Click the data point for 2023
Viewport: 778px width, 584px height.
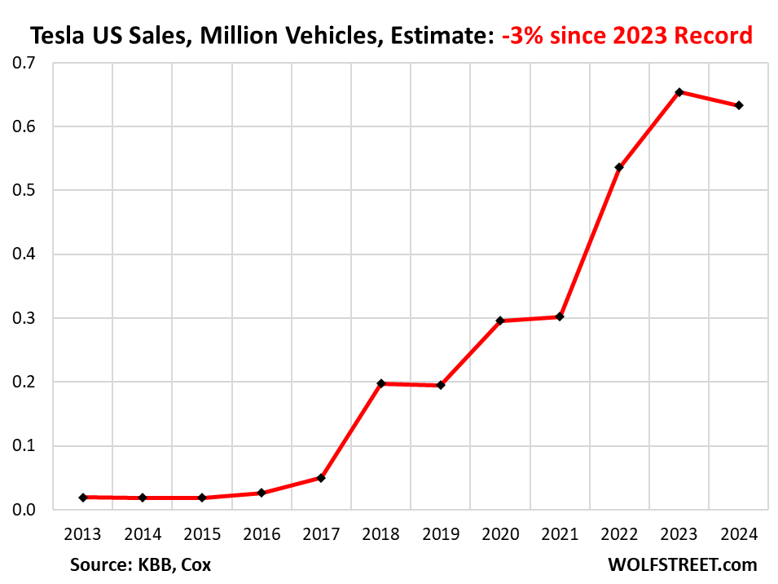(x=679, y=92)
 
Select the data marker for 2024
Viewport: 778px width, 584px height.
(x=739, y=105)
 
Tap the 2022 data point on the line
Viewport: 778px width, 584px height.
(x=619, y=168)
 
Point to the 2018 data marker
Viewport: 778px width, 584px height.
(x=381, y=383)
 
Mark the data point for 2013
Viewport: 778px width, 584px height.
(x=83, y=497)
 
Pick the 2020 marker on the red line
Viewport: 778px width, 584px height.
(x=500, y=321)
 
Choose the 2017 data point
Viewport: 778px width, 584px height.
(x=321, y=478)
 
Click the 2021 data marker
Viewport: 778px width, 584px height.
(x=560, y=316)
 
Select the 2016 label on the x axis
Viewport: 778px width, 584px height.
(x=262, y=535)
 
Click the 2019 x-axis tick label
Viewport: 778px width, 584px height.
(x=441, y=535)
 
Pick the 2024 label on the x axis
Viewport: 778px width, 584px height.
(x=739, y=535)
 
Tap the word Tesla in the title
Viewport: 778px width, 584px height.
(x=56, y=36)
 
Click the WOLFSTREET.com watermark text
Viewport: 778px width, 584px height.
(x=682, y=564)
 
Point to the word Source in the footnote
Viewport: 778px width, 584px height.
(x=97, y=564)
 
